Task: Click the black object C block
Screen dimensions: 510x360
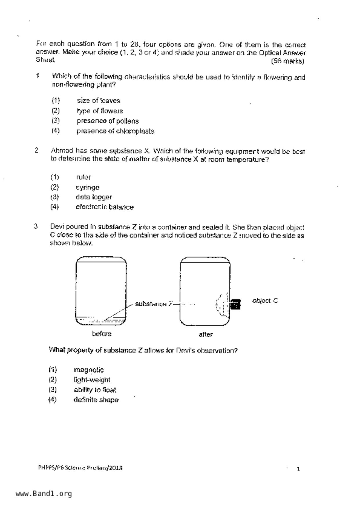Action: coord(235,304)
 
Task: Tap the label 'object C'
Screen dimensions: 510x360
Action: coord(265,301)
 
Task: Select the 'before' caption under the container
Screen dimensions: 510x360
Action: coord(102,334)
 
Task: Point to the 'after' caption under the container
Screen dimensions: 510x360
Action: coord(206,334)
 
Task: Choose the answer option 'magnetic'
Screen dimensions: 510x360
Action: coord(89,370)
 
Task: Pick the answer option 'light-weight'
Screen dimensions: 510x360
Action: coord(92,380)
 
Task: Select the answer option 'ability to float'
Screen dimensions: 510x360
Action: coord(95,390)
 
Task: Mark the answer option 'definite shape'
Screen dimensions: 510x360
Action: coord(96,400)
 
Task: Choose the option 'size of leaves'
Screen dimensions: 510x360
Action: coord(98,101)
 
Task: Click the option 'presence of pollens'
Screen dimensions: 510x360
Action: coord(108,121)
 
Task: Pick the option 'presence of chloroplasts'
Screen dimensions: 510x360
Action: coord(115,131)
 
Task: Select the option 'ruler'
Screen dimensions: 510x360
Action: coord(83,177)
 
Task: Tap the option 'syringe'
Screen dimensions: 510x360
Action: coord(87,187)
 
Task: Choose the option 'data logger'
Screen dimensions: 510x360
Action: coord(94,197)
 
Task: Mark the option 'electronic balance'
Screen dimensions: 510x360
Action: coord(105,207)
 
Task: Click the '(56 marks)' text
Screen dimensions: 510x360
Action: coord(287,61)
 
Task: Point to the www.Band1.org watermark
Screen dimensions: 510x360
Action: coord(44,494)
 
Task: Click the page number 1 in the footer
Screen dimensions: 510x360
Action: coord(298,469)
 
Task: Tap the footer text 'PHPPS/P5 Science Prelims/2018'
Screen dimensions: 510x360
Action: coord(80,468)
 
